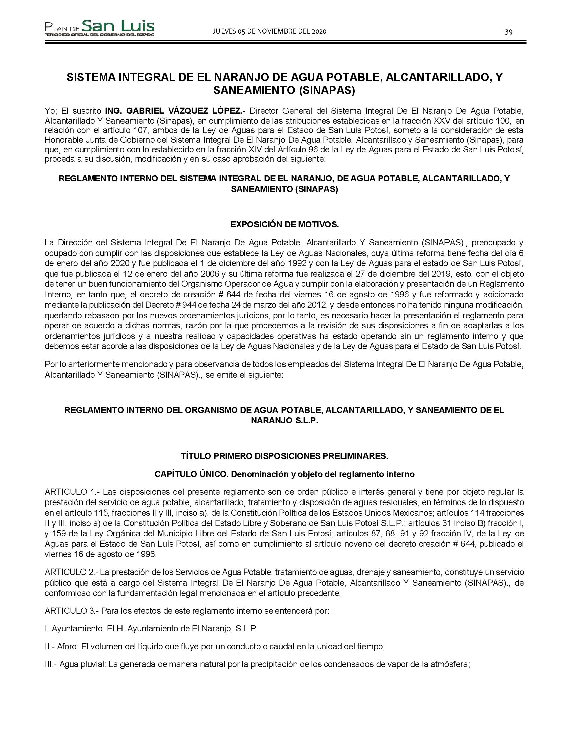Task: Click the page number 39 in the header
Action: pyautogui.click(x=509, y=32)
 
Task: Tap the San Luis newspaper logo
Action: pyautogui.click(x=99, y=28)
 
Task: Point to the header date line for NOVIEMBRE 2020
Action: pyautogui.click(x=269, y=31)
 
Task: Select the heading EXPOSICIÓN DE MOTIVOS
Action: pyautogui.click(x=284, y=224)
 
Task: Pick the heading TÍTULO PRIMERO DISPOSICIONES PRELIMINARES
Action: pyautogui.click(x=284, y=456)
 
